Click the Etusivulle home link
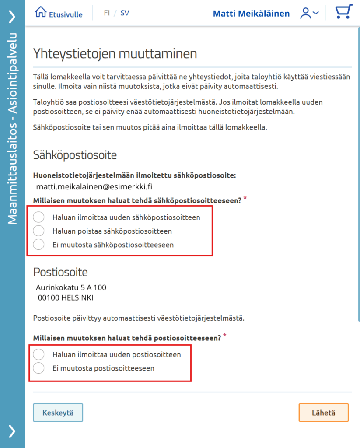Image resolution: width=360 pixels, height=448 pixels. click(59, 14)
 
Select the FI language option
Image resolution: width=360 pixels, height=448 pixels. click(107, 13)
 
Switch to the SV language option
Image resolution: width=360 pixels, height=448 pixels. click(125, 13)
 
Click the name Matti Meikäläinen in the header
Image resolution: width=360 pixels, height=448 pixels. click(251, 14)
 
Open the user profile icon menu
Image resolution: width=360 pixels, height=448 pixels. click(309, 14)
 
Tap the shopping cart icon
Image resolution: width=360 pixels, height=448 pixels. click(344, 13)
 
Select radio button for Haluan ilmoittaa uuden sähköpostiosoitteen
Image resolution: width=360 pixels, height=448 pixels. click(39, 217)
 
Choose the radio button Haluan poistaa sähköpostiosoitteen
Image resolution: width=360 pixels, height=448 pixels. click(39, 231)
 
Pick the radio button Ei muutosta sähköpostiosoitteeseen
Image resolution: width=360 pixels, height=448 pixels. click(39, 245)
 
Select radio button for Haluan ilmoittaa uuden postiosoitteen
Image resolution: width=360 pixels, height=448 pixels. click(39, 355)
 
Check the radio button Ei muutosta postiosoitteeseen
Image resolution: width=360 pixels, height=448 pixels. click(39, 368)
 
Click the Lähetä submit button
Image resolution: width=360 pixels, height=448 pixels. click(324, 413)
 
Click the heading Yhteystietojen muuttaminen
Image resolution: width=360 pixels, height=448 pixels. click(115, 54)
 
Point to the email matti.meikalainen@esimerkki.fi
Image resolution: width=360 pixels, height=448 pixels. click(94, 187)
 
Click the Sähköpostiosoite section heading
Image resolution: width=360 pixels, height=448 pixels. click(75, 155)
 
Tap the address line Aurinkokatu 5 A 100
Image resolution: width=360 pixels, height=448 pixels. click(71, 287)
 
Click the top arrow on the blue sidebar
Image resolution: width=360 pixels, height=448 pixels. click(12, 17)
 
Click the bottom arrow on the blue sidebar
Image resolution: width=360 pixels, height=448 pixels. click(12, 431)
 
